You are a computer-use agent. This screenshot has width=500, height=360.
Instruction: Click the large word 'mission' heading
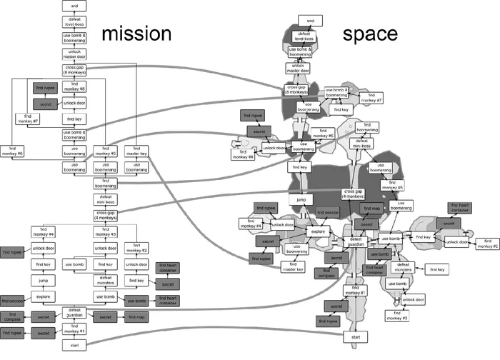point(136,34)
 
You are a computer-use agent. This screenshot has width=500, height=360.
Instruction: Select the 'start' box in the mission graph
point(74,344)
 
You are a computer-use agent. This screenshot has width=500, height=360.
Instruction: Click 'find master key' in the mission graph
point(136,151)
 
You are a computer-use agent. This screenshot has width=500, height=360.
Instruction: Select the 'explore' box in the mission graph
point(43,296)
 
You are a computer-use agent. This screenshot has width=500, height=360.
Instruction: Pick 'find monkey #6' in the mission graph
point(12,151)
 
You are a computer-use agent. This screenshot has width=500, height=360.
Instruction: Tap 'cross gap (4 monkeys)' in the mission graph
point(105,215)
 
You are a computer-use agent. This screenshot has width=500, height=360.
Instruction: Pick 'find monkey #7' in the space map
point(371,97)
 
